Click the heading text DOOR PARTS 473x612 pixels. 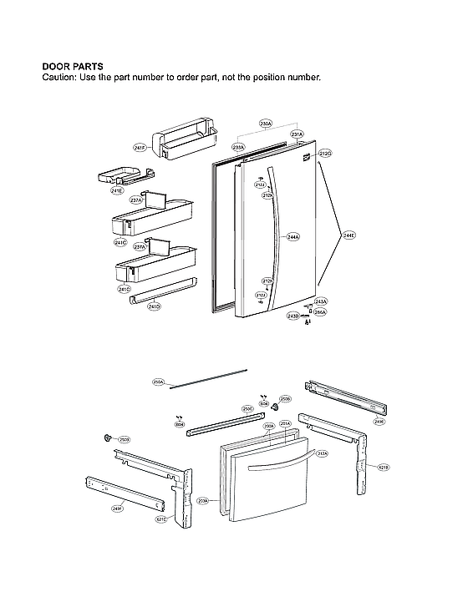coord(73,66)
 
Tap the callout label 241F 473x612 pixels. coord(140,148)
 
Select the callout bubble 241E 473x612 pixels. coord(117,190)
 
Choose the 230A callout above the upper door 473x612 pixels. coord(266,124)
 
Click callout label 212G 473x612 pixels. coord(325,154)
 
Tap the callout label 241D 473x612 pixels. coord(153,306)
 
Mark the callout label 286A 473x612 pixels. coord(320,312)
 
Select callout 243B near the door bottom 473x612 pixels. coord(292,316)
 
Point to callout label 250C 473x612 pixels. coord(247,408)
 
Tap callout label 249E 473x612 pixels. coord(379,422)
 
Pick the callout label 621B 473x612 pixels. coord(384,467)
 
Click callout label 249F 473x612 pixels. coord(117,508)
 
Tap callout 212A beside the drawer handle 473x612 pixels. coord(322,453)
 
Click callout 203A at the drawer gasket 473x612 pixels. coord(202,501)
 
